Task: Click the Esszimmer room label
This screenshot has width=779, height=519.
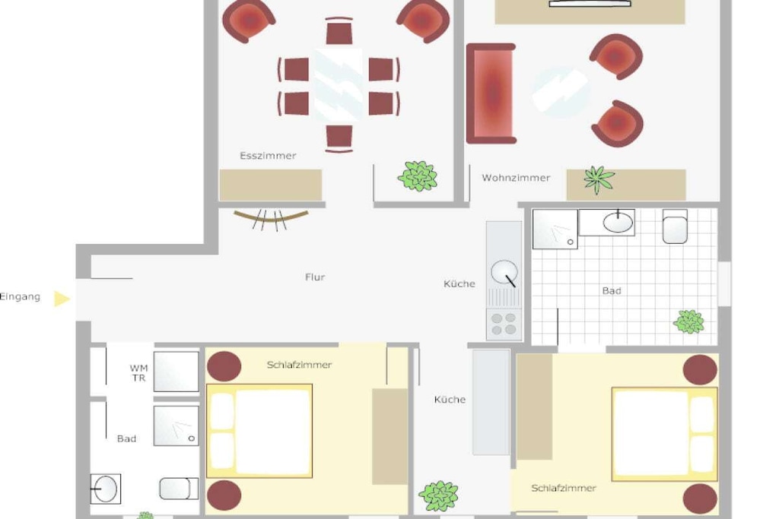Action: [268, 156]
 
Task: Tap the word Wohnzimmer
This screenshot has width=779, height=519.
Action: [516, 178]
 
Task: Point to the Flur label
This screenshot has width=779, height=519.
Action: [315, 277]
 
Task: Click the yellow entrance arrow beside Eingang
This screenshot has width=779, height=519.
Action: [62, 299]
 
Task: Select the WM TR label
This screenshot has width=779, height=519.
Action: [138, 373]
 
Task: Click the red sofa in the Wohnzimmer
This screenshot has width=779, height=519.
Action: [491, 93]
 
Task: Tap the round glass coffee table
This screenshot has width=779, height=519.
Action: [560, 92]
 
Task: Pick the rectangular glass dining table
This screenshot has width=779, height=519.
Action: [339, 85]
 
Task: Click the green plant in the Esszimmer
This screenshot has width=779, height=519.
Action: [418, 176]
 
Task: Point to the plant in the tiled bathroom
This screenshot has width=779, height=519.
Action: [688, 321]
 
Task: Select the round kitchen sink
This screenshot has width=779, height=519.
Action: [504, 272]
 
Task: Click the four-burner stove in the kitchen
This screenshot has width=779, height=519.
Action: [504, 324]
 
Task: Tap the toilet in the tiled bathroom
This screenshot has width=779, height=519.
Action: [676, 226]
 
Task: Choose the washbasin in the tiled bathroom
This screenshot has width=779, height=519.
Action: [618, 223]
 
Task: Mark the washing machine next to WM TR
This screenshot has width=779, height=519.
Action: [176, 372]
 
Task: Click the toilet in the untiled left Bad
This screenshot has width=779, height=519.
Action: [179, 489]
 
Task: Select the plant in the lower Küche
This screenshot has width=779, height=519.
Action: [438, 495]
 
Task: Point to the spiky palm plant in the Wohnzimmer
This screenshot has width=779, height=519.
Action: [599, 179]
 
